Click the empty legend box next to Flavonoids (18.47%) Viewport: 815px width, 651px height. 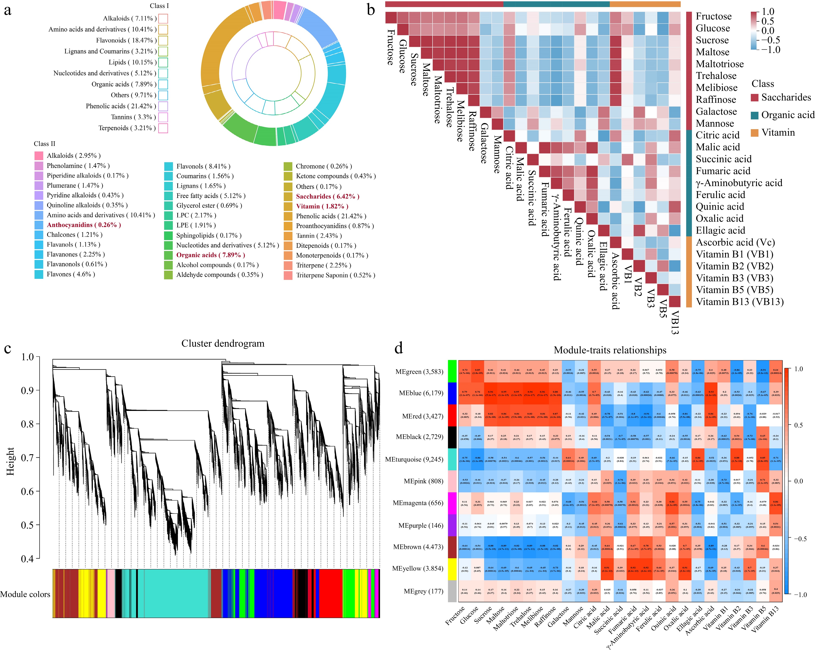pos(163,40)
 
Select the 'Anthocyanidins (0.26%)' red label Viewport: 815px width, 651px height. pos(84,225)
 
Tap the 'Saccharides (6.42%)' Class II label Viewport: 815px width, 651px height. pos(327,196)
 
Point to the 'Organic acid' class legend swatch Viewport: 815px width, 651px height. pos(755,115)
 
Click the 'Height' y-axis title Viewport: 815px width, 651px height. pos(10,461)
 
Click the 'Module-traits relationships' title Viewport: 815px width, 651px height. pos(610,350)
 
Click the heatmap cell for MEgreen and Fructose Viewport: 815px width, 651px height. pos(465,371)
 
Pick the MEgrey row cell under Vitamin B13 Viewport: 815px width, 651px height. pos(776,591)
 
